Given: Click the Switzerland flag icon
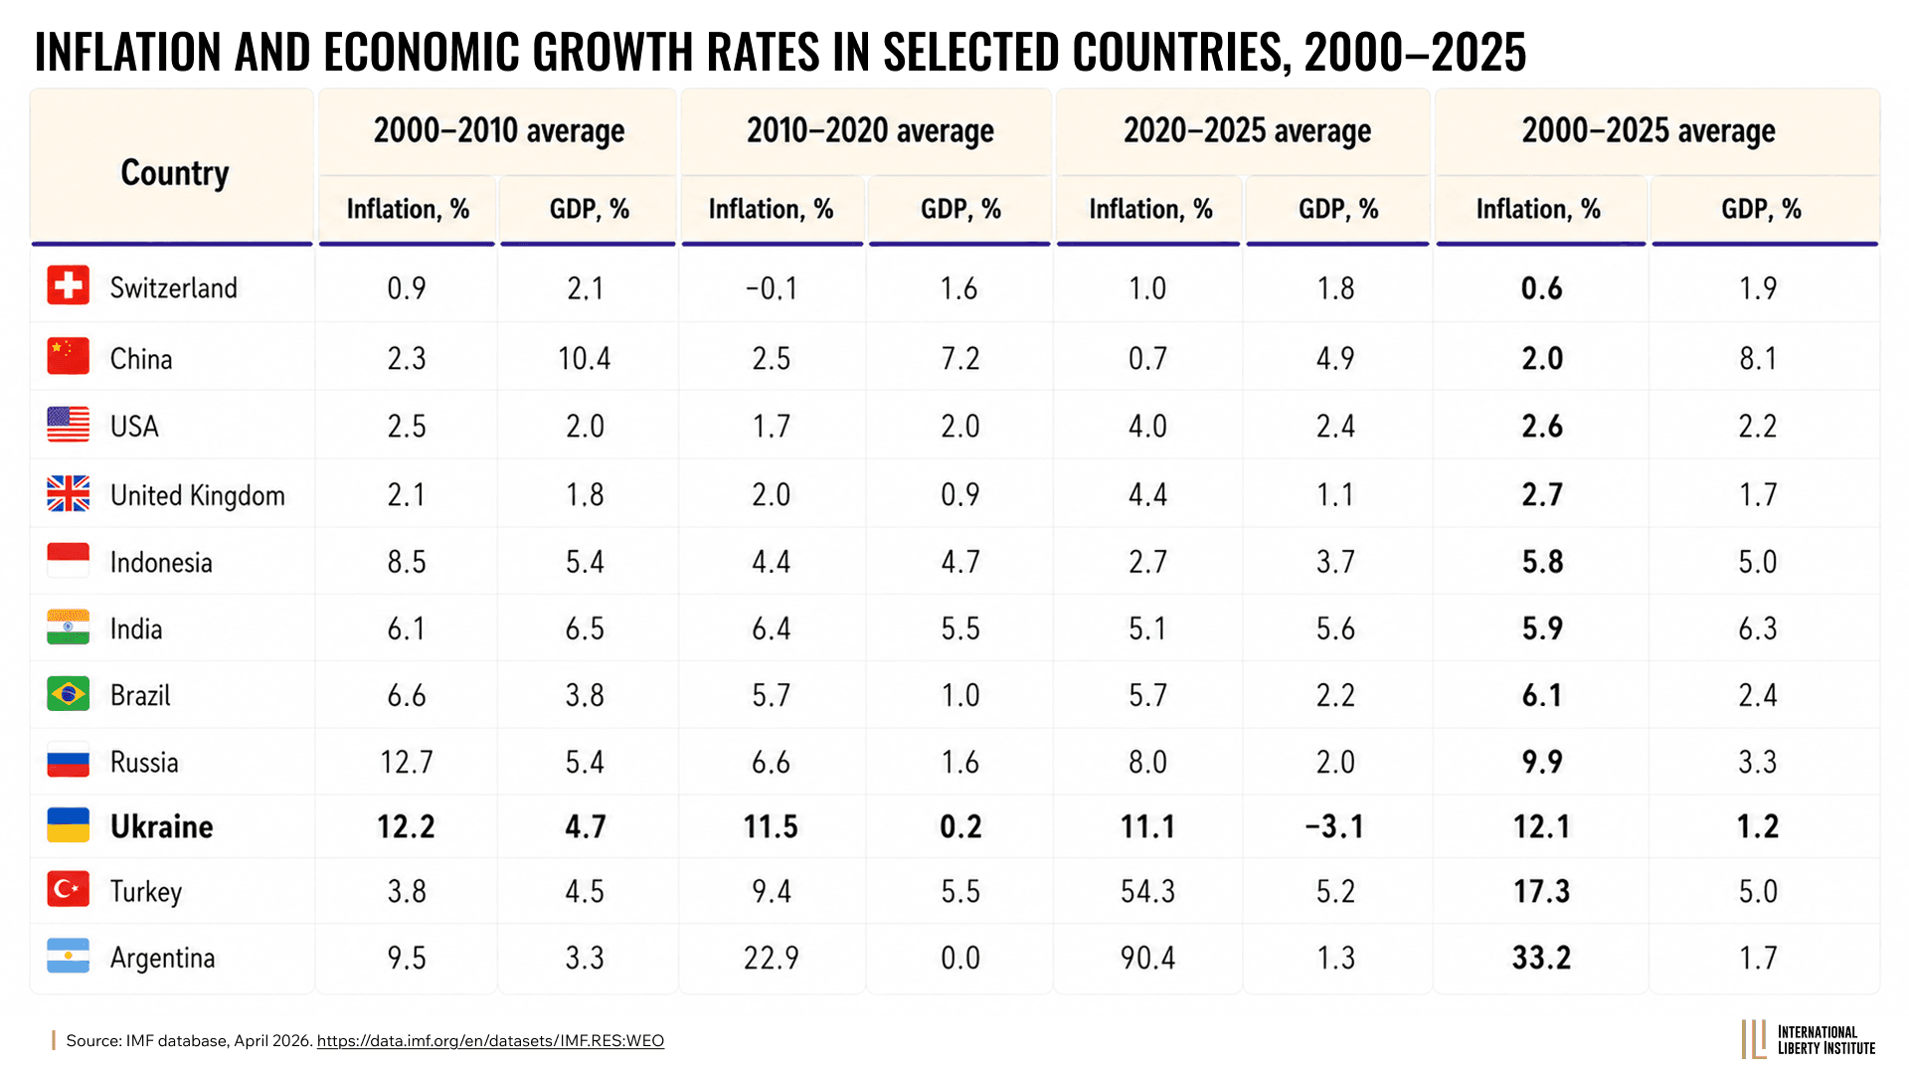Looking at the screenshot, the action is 68,285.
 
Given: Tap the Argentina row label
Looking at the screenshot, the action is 162,958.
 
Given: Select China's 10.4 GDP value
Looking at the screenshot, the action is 585,358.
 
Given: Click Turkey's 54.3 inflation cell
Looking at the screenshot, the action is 1147,891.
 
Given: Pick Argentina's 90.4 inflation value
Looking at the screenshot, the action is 1147,958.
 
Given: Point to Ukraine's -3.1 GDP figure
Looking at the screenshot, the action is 1334,826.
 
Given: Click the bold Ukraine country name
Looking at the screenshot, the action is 161,826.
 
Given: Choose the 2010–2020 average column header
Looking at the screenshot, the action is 870,131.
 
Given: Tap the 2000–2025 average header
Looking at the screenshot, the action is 1649,131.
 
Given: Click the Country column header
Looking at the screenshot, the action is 175,173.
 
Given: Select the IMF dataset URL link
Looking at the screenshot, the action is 490,1041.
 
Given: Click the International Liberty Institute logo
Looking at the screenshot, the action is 1809,1040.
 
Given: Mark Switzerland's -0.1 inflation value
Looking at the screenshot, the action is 772,288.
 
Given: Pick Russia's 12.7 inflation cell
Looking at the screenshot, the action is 407,763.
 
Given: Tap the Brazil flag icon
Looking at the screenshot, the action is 68,694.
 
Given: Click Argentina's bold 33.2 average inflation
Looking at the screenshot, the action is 1542,958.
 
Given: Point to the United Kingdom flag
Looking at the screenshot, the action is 68,493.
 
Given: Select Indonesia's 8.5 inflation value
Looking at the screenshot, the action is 407,562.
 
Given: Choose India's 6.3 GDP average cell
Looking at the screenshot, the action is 1758,628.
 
